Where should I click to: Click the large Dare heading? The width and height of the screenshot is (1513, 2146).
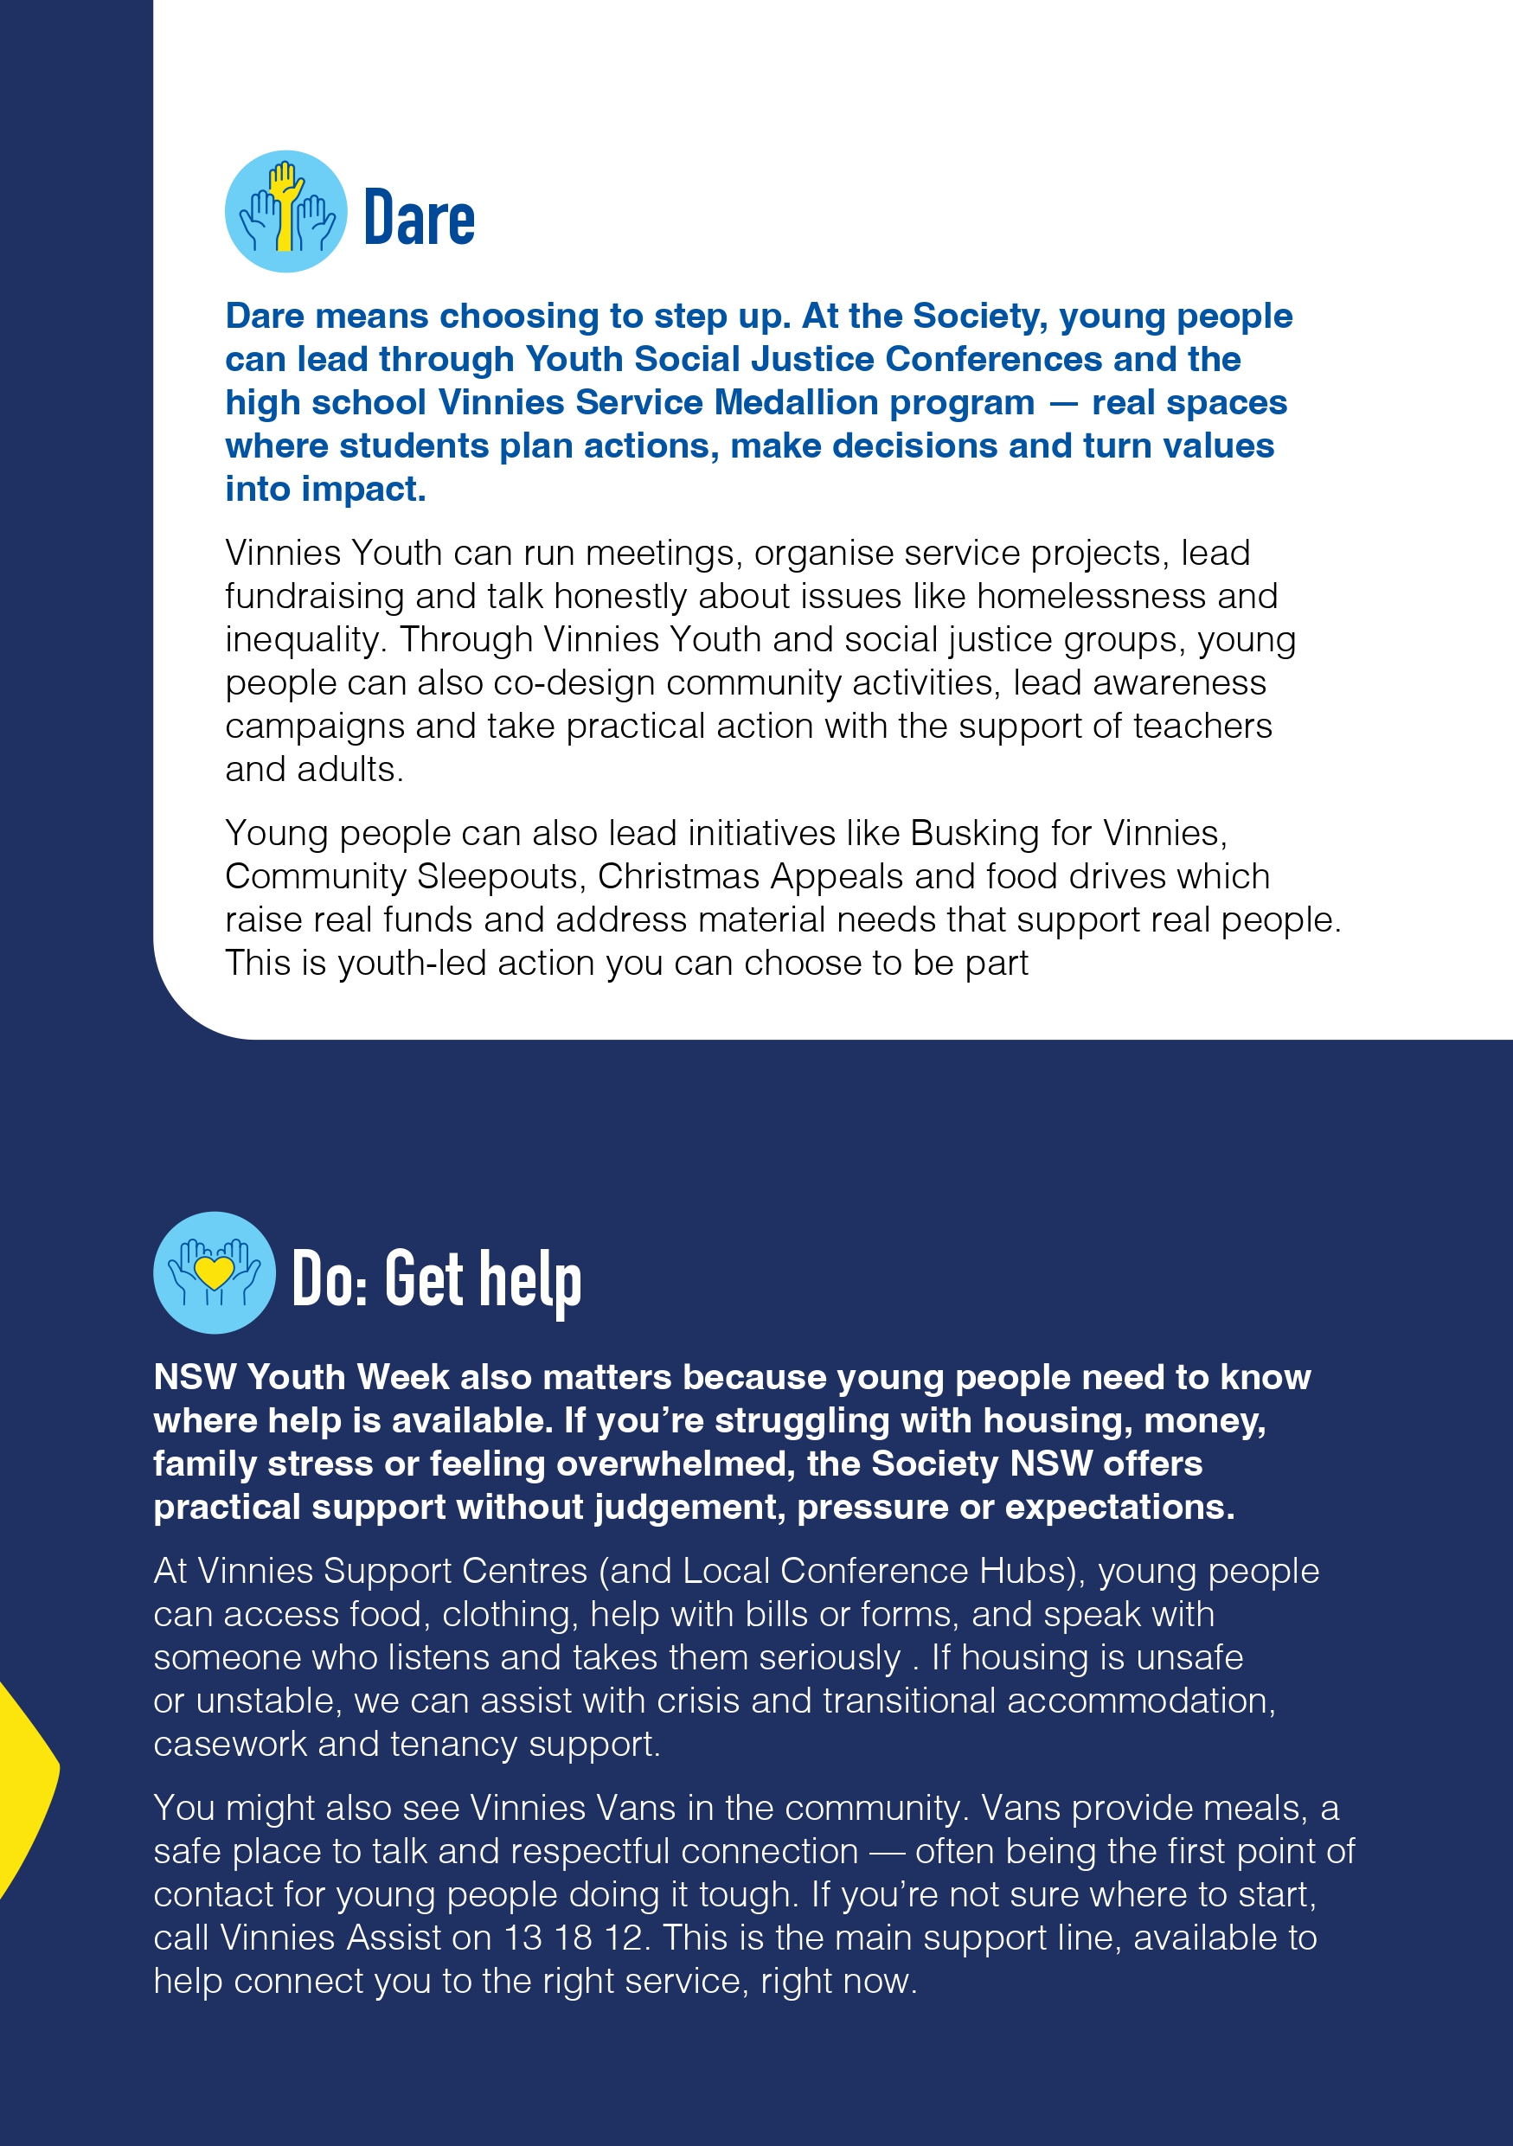(419, 218)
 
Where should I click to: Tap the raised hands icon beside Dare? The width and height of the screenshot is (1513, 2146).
(286, 212)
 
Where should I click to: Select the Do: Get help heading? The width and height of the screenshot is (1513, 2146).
(436, 1278)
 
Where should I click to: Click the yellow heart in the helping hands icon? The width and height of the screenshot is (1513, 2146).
(214, 1272)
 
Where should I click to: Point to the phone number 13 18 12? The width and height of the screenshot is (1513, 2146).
(574, 1938)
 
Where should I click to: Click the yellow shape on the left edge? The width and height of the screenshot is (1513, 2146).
(23, 1790)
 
